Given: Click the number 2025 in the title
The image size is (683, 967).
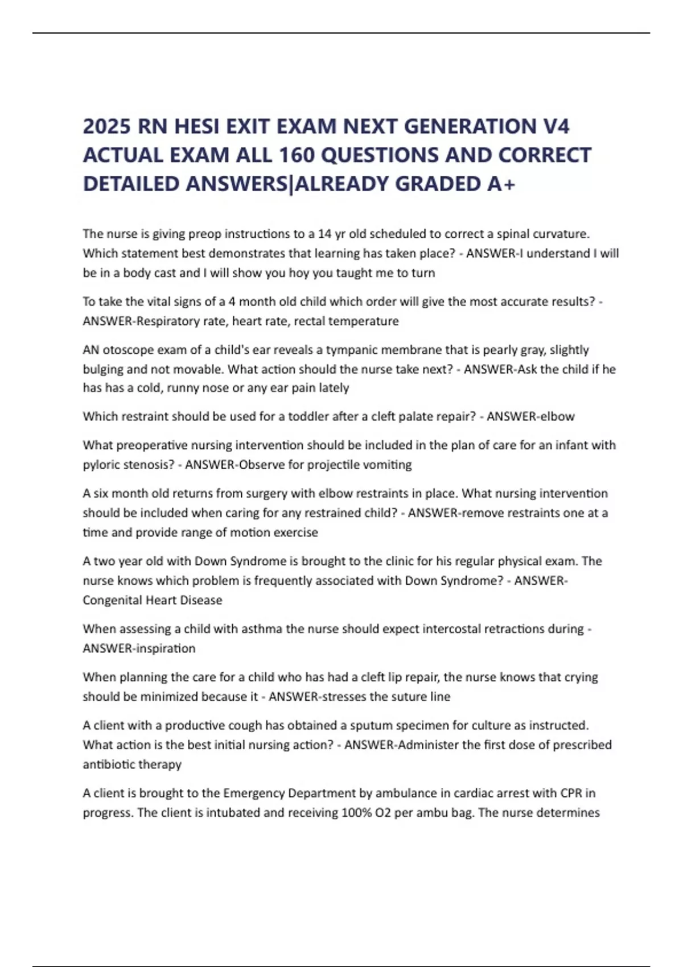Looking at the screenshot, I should click(107, 126).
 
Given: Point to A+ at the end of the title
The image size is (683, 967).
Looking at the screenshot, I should click(501, 184).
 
